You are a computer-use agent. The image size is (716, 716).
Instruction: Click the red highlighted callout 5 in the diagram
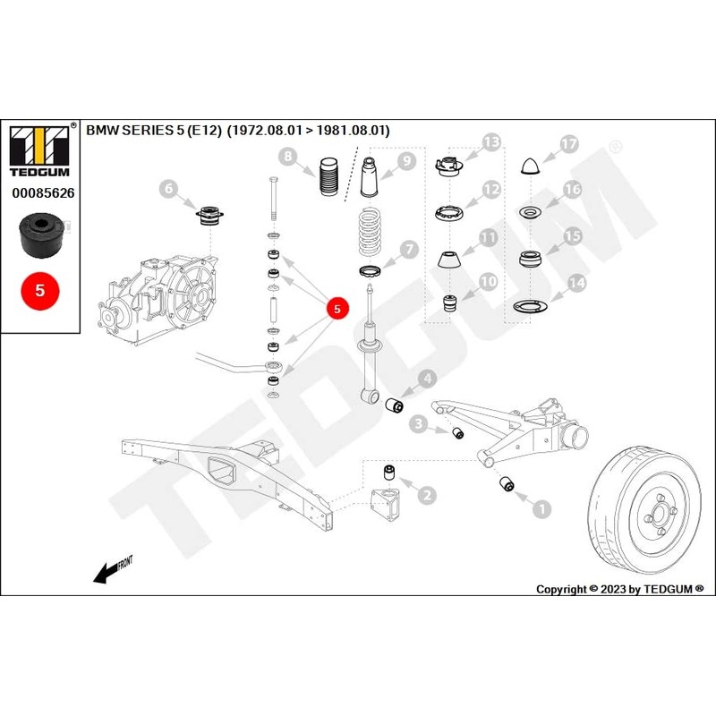coord(337,309)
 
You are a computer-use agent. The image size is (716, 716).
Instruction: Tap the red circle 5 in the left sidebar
coord(39,291)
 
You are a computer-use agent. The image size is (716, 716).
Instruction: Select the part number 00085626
coord(43,192)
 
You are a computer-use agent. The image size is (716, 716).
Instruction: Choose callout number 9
coord(405,161)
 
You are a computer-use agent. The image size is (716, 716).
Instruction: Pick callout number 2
coord(428,494)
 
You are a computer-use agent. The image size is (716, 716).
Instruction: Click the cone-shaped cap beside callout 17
coord(531,166)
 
